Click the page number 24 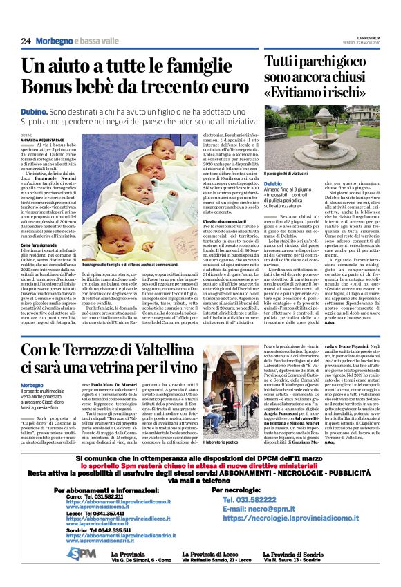[x=26, y=41]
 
